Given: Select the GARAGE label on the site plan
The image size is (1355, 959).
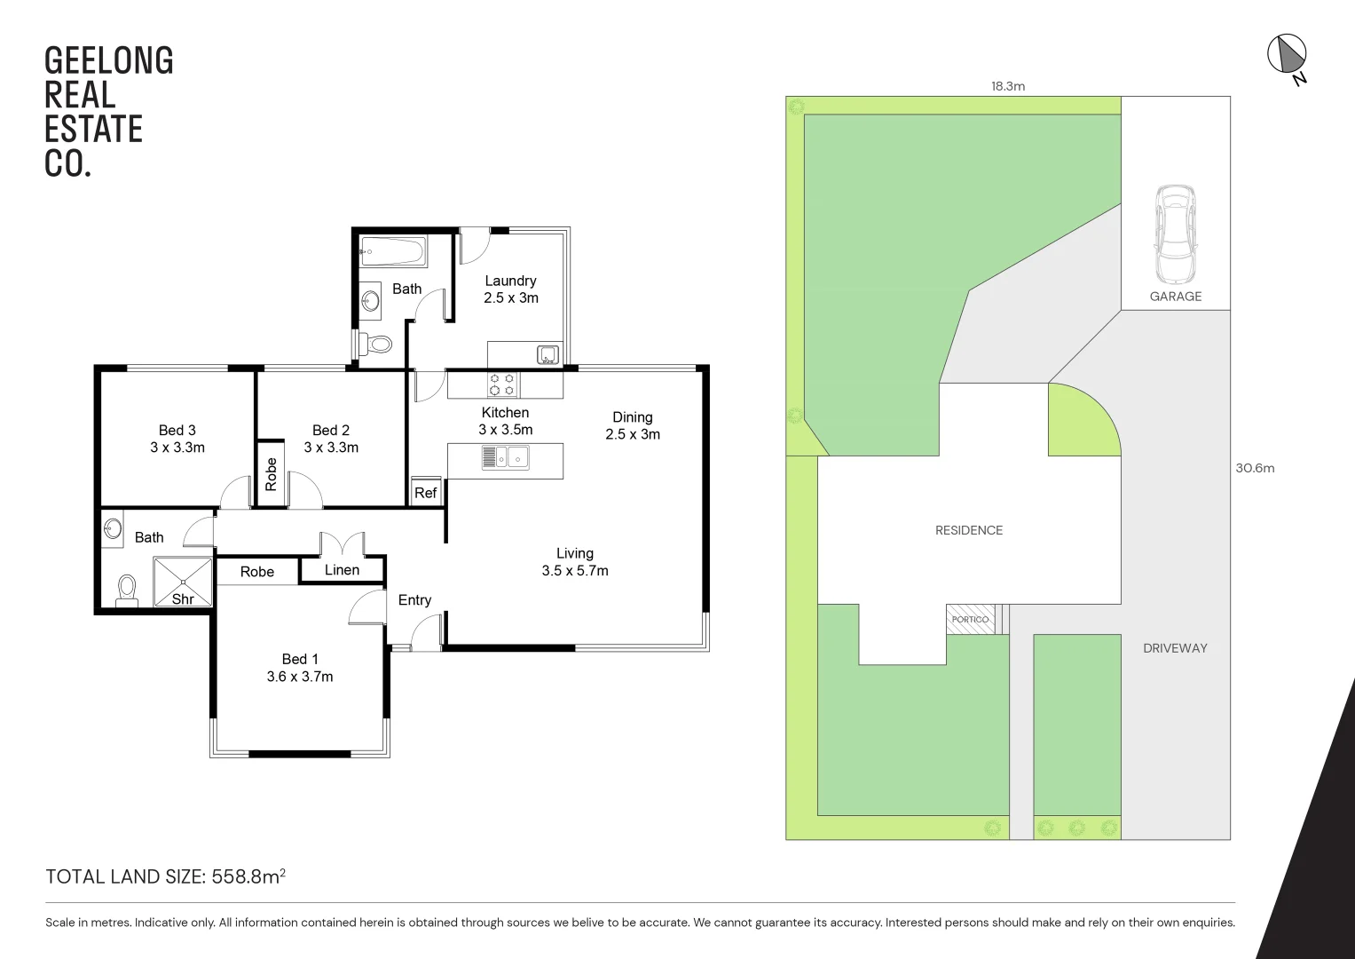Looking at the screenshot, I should (1175, 297).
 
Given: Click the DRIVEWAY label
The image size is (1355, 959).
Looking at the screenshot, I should (1175, 648).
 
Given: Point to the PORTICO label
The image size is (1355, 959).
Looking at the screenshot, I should (969, 619).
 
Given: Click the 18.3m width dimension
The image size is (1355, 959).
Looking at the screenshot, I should (1008, 86).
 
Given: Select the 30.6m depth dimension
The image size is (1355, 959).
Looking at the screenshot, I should (1254, 468).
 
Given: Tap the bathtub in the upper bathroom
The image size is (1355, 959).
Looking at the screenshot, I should (392, 250).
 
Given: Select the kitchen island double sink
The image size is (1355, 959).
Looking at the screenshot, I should (505, 457).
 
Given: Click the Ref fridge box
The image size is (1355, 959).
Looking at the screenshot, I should (425, 493).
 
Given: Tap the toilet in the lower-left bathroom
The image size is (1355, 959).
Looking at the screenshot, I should (128, 590).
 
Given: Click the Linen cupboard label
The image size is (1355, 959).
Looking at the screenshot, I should (342, 570).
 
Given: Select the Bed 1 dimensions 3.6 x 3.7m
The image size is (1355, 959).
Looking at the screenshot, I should (300, 677).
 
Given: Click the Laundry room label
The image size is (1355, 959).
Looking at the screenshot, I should (510, 281).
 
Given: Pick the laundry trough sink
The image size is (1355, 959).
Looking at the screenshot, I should (548, 355).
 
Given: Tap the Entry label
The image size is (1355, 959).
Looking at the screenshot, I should (414, 600).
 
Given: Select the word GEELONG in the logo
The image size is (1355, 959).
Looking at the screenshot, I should (109, 61).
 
